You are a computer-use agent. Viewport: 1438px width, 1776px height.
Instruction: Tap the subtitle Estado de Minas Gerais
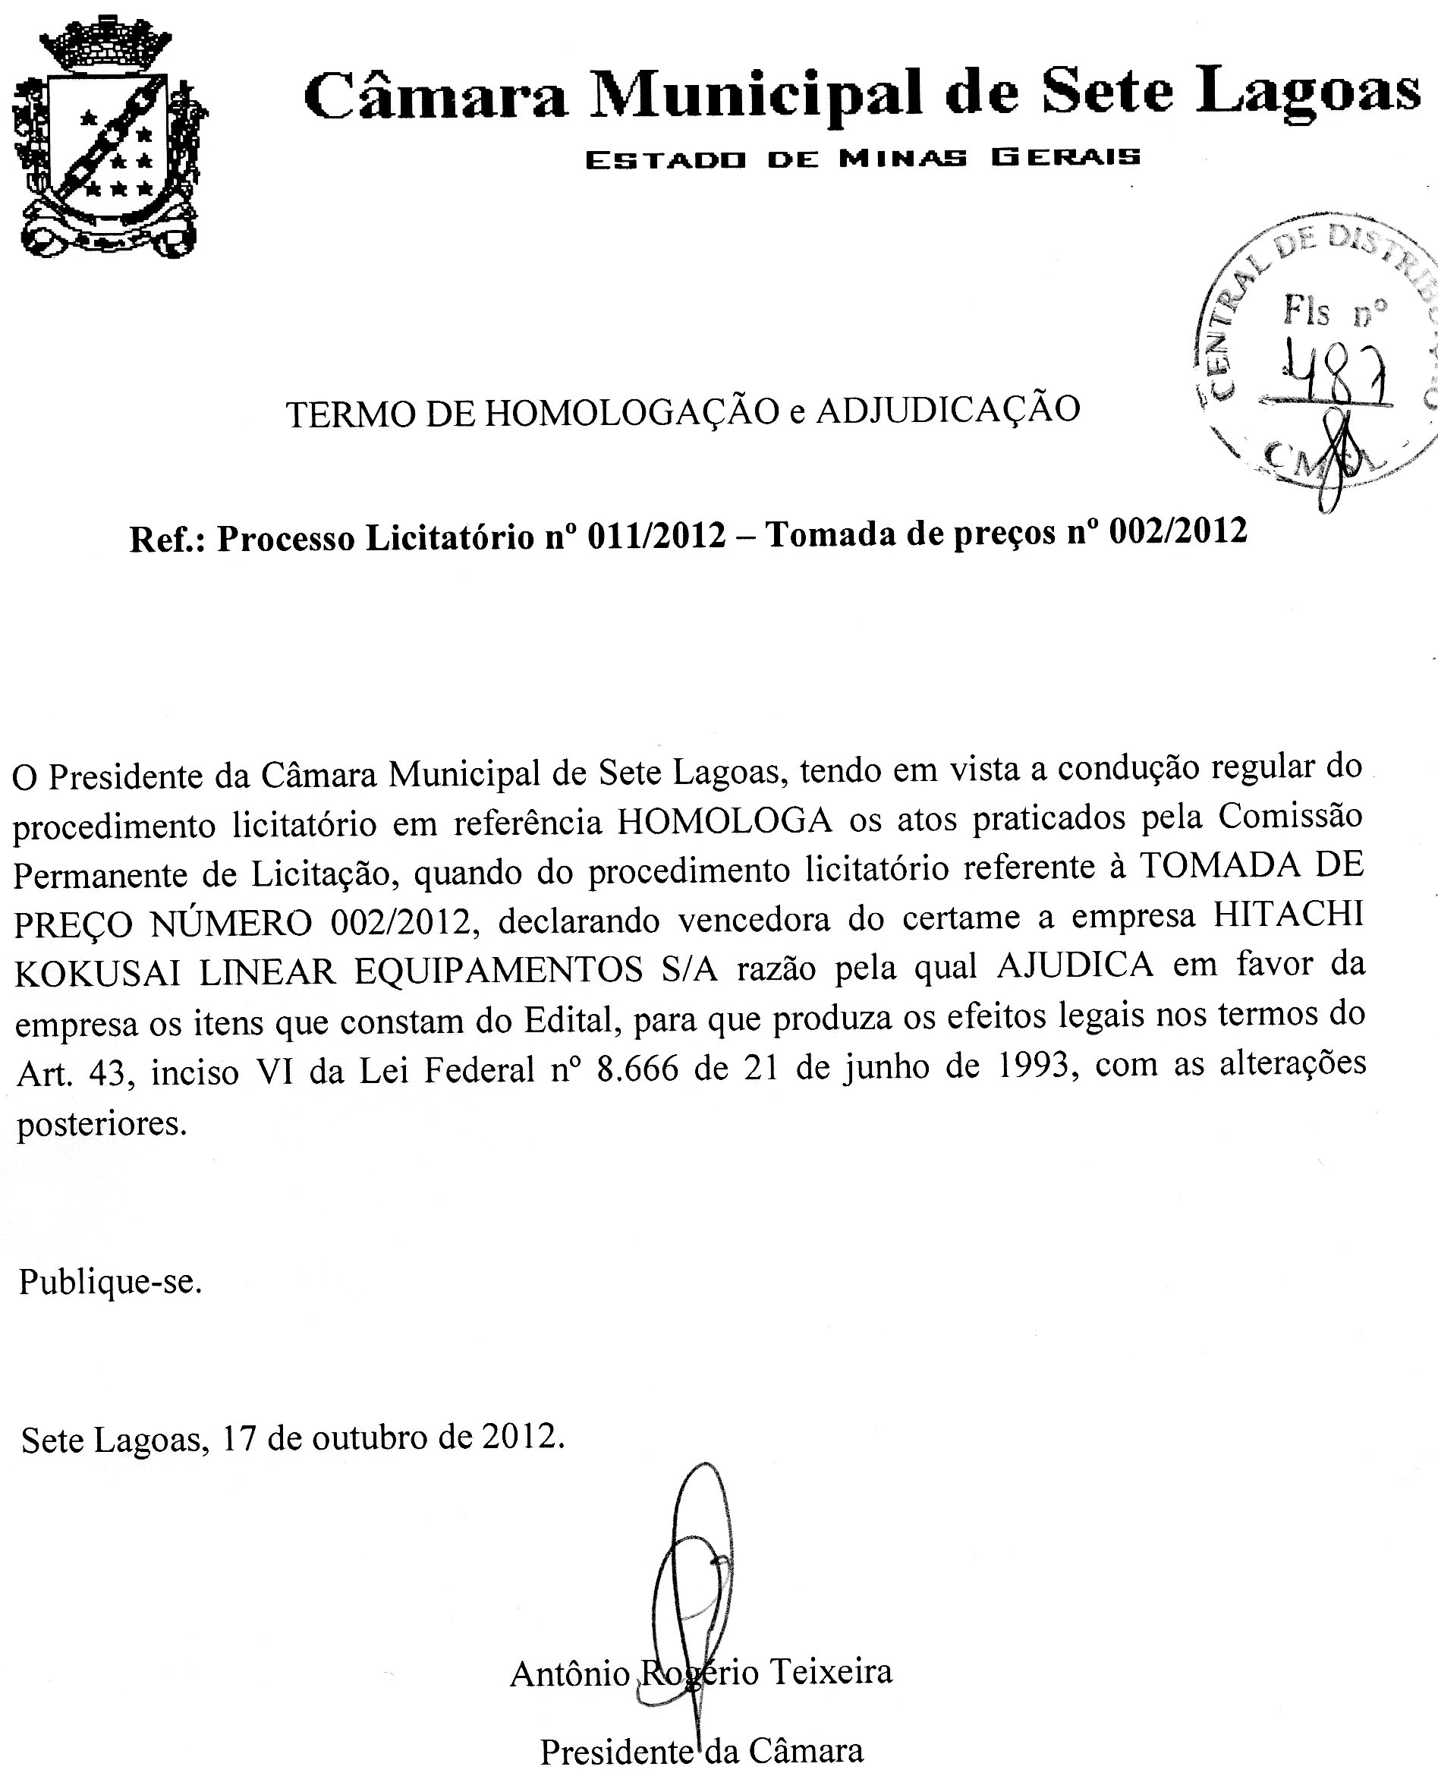(862, 157)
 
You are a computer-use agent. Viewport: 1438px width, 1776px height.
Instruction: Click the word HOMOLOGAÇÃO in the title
(632, 411)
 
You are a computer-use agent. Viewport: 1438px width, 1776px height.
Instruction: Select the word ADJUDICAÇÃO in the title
(948, 408)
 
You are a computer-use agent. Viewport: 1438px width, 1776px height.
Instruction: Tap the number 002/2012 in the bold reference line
(1178, 531)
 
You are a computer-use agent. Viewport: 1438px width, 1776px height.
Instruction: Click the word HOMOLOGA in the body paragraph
(725, 821)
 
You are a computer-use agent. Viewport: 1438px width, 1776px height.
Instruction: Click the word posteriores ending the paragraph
(101, 1124)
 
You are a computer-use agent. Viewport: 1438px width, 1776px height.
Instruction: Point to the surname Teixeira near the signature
(832, 1671)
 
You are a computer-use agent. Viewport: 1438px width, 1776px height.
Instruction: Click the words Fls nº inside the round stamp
(1333, 311)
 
